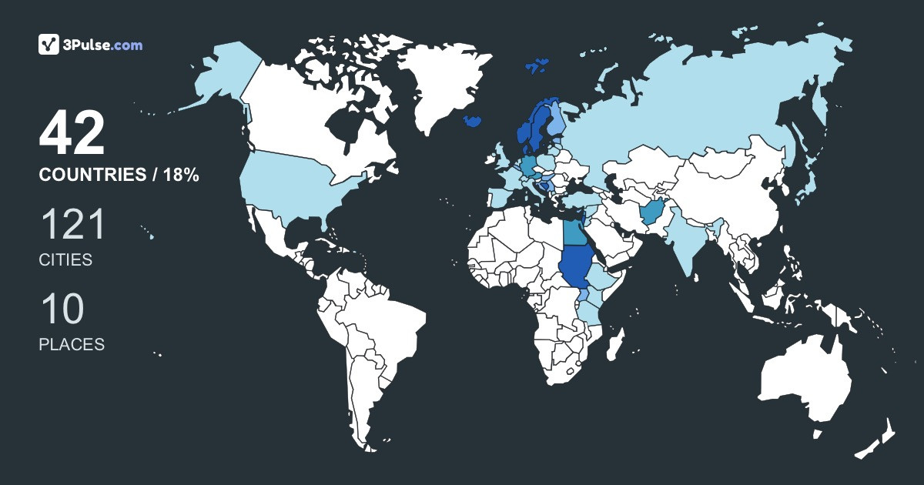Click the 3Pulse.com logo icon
(x=49, y=45)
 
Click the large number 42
(x=72, y=134)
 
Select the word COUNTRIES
(x=92, y=176)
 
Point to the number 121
(x=72, y=226)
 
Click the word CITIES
(x=65, y=260)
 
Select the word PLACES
(x=72, y=345)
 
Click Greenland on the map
(x=443, y=81)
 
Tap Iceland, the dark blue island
(x=474, y=121)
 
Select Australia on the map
(x=805, y=381)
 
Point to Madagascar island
(x=614, y=344)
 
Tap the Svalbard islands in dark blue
(x=537, y=64)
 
